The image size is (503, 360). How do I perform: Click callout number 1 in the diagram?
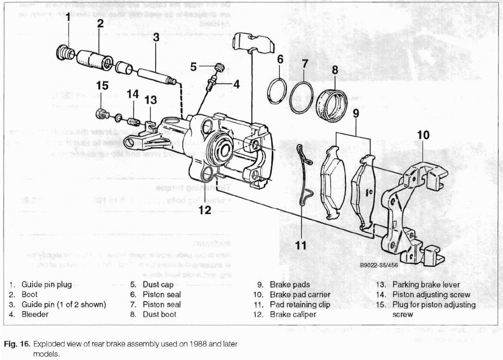(x=67, y=18)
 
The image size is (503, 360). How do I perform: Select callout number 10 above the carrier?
(x=423, y=135)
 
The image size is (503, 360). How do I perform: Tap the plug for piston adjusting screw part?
(x=102, y=114)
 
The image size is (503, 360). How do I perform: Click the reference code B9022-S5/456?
(x=379, y=265)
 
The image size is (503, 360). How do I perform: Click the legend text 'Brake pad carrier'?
(x=300, y=294)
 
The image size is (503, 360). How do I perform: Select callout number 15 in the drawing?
(x=102, y=86)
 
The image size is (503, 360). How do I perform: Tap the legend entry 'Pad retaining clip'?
(x=300, y=304)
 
